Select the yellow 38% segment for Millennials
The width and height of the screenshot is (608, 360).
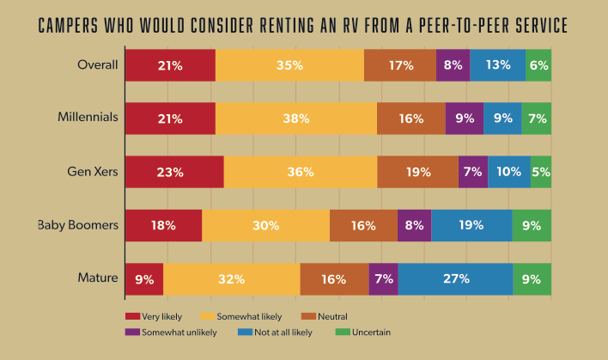tap(295, 119)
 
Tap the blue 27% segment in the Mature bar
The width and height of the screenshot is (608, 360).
tap(455, 279)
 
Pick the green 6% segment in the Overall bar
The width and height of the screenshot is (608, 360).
tap(538, 65)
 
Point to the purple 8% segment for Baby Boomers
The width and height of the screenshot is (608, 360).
tap(414, 226)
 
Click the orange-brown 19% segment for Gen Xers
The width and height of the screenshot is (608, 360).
tap(417, 172)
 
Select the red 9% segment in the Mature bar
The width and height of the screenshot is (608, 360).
tap(144, 279)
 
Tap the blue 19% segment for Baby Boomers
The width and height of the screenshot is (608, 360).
tap(471, 226)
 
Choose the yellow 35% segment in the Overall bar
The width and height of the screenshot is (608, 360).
tap(289, 65)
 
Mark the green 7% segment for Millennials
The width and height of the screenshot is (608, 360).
tap(536, 119)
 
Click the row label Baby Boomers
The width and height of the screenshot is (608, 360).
tap(78, 226)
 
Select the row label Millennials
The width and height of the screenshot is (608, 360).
tap(88, 119)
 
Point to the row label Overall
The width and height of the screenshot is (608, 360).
tap(96, 65)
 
